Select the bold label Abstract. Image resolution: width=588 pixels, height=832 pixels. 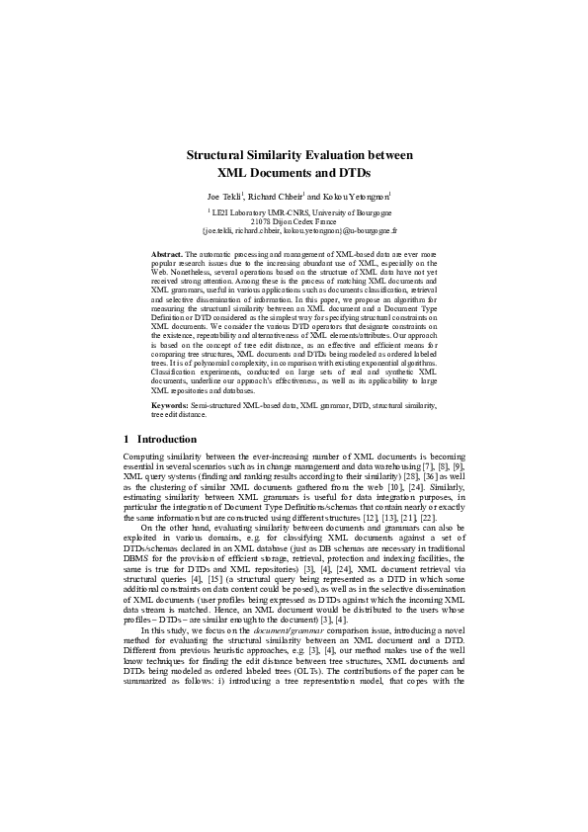coord(167,255)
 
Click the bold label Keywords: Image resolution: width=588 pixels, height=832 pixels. coord(171,405)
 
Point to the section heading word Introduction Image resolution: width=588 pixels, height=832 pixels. coord(166,438)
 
